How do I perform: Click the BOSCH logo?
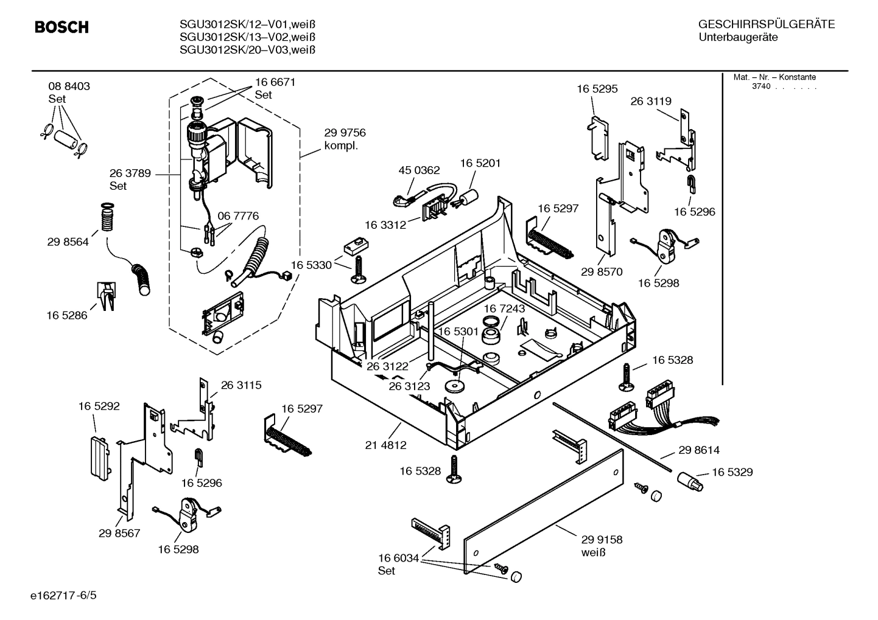pos(61,27)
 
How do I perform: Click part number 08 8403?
pos(69,86)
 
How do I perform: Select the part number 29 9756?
pos(345,133)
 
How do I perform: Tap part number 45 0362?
pos(419,170)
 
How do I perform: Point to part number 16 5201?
pos(480,163)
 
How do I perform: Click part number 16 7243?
pos(504,308)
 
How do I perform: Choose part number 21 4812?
pos(385,445)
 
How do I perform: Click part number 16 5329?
pos(732,472)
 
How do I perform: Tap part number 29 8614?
pos(698,450)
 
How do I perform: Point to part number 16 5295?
pos(597,89)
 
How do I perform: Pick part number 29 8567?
pos(119,533)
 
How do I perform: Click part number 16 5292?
pos(99,406)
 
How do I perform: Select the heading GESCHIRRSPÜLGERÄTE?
pos(766,25)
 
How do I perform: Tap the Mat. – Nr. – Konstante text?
pos(774,77)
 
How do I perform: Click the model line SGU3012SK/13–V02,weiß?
pos(247,37)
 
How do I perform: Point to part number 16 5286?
pos(67,315)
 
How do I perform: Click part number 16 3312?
pos(385,225)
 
